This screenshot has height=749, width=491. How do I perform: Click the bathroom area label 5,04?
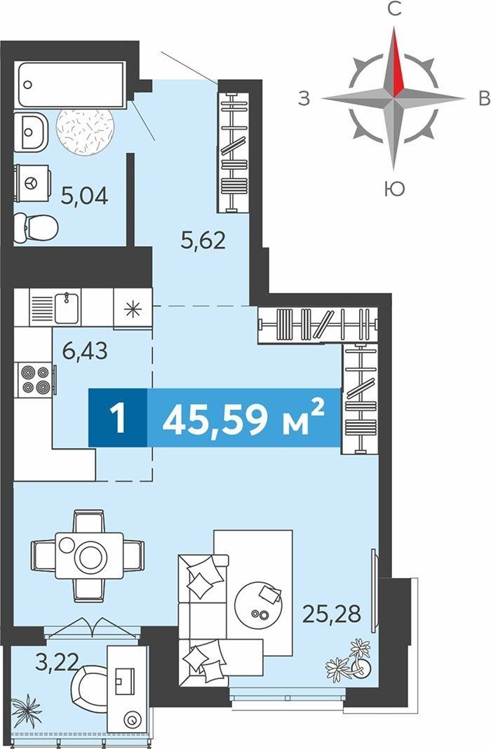coord(85,196)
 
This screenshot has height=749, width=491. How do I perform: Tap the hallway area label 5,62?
coord(203,241)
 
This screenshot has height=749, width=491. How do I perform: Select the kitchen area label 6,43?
coord(85,351)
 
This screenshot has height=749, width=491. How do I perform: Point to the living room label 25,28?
coord(332,614)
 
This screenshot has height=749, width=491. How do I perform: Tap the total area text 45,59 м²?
coord(243,417)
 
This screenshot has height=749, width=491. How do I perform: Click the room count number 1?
coord(118,418)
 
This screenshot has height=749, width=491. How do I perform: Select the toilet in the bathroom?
coord(35,227)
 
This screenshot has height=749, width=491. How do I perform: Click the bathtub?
coord(72,84)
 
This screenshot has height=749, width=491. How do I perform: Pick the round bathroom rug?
coord(85,131)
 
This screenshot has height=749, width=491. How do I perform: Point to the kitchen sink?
coord(67,308)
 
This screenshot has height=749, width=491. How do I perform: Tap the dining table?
coord(89,555)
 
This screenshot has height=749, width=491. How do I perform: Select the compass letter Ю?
coord(394,189)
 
